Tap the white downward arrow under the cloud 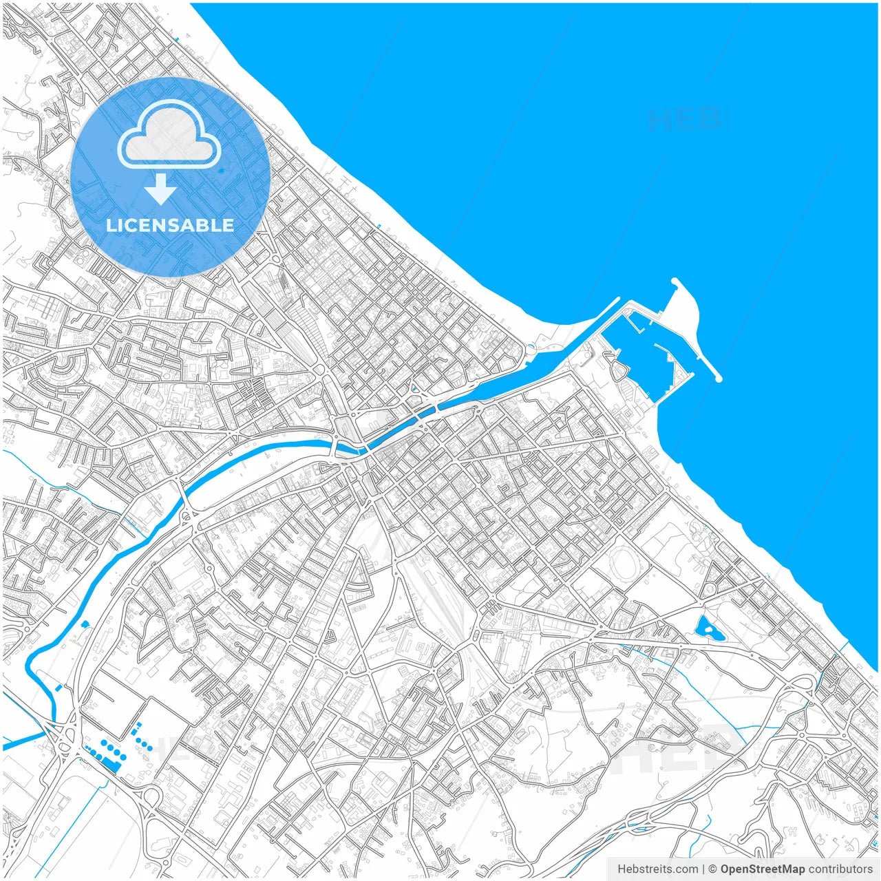[160, 189]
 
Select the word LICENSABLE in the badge [170, 225]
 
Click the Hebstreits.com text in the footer [657, 869]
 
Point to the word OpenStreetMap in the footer [763, 869]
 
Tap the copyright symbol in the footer [713, 869]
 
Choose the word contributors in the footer [840, 869]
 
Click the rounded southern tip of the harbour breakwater [718, 378]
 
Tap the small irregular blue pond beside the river [85, 624]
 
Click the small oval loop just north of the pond [709, 590]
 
